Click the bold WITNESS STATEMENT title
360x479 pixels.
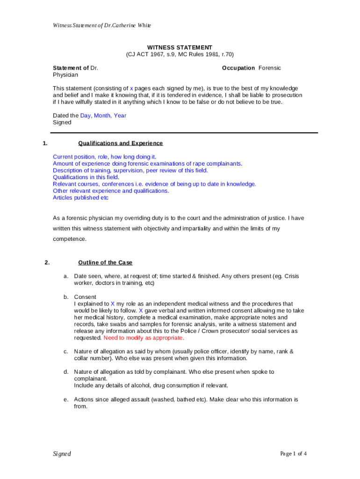180,47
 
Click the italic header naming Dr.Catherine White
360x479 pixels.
101,25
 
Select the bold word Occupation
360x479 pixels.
238,68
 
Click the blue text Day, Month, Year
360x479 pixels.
103,116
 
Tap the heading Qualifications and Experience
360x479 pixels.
121,143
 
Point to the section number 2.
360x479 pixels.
47,262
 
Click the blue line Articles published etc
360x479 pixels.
80,197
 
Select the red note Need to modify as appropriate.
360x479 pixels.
144,338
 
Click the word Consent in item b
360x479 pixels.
85,297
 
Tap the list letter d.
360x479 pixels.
66,372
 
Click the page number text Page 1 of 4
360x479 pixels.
293,453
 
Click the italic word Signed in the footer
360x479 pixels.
62,454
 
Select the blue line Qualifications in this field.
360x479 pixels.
86,177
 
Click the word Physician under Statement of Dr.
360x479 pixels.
65,75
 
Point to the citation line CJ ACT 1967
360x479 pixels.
180,54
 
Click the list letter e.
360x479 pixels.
66,399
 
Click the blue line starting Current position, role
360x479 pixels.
104,157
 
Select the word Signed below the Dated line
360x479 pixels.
62,123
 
